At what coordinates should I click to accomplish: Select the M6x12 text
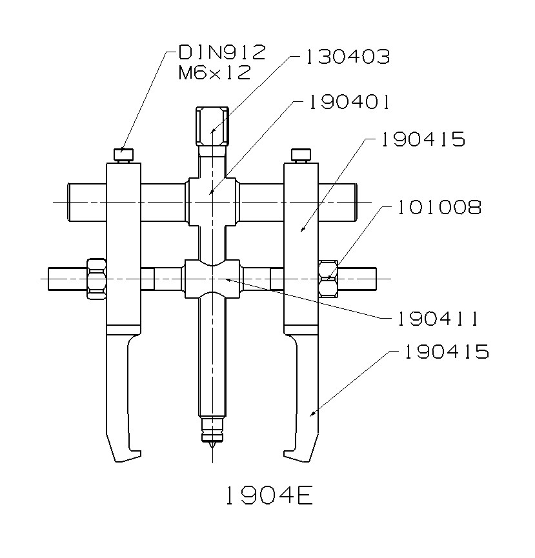(x=214, y=73)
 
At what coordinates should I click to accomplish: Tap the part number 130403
(x=347, y=57)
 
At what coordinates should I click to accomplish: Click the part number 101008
(x=439, y=208)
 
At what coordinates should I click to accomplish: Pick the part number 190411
(x=429, y=318)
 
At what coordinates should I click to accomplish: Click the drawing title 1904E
(x=268, y=495)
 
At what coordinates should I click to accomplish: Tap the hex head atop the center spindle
(x=212, y=126)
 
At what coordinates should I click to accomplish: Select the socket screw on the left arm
(x=123, y=155)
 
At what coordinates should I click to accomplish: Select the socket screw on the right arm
(x=301, y=155)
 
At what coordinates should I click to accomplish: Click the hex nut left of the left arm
(x=95, y=278)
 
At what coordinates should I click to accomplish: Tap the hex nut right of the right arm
(x=328, y=278)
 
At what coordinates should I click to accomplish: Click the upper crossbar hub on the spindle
(x=212, y=192)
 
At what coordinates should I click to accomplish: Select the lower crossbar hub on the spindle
(x=212, y=278)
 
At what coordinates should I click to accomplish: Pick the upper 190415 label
(x=423, y=140)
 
